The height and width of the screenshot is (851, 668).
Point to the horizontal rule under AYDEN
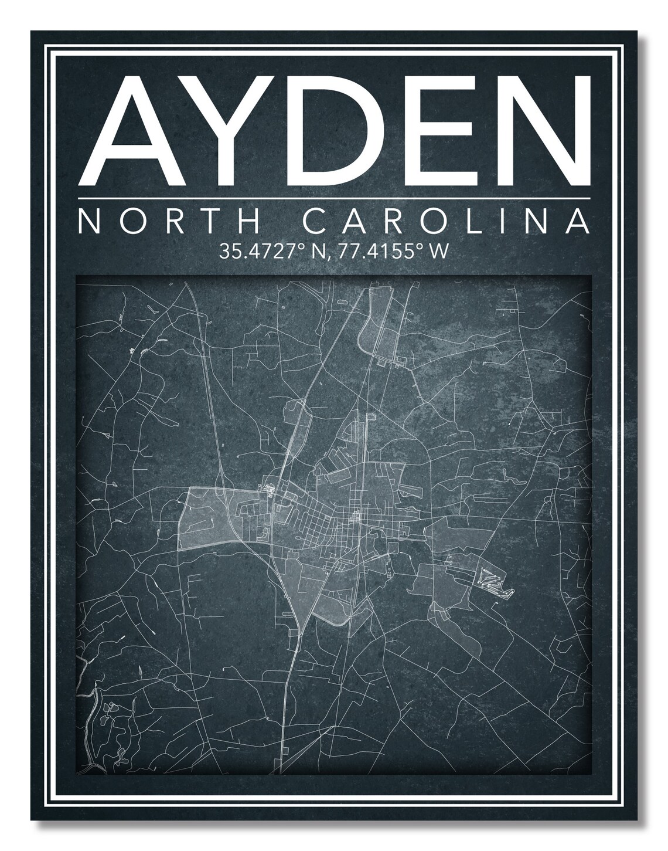pyautogui.click(x=333, y=199)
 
